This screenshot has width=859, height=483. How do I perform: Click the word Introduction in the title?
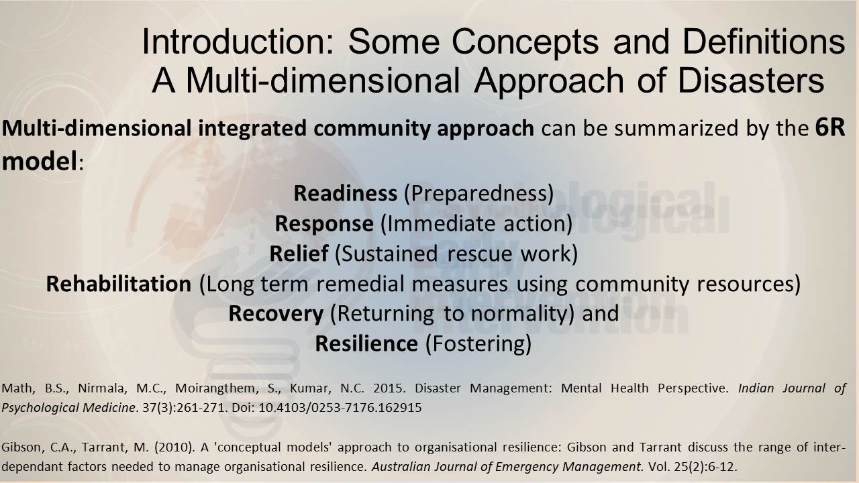[238, 42]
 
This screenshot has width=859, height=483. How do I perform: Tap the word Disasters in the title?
[751, 80]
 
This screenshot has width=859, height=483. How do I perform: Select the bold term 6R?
[830, 127]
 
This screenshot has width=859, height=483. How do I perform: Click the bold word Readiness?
[345, 193]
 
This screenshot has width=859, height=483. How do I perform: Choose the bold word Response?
[324, 223]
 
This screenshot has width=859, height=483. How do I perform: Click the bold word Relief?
[299, 253]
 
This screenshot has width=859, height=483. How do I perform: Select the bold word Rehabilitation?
[119, 284]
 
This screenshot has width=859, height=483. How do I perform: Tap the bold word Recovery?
[276, 313]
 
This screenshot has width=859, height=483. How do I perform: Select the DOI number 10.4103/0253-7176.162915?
[340, 407]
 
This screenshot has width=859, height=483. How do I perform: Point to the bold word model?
[40, 160]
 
